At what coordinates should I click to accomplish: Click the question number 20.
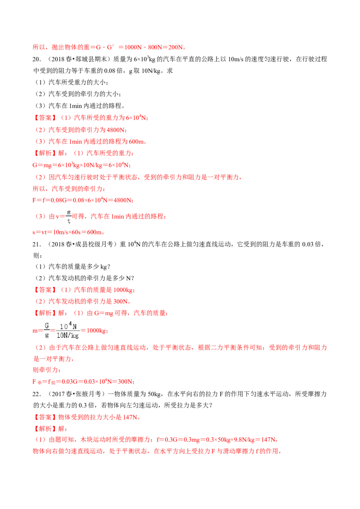click(36, 59)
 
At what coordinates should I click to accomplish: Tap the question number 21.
click(36, 244)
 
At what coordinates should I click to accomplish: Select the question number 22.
click(36, 394)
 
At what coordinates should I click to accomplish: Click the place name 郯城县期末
click(90, 59)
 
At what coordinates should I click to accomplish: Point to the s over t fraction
click(68, 216)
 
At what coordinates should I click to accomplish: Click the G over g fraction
click(47, 330)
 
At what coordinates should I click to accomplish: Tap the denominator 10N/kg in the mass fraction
click(67, 335)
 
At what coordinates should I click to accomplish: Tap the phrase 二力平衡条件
click(230, 347)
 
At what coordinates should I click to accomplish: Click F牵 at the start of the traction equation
click(37, 382)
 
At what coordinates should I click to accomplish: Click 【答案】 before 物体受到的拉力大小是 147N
click(45, 417)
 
